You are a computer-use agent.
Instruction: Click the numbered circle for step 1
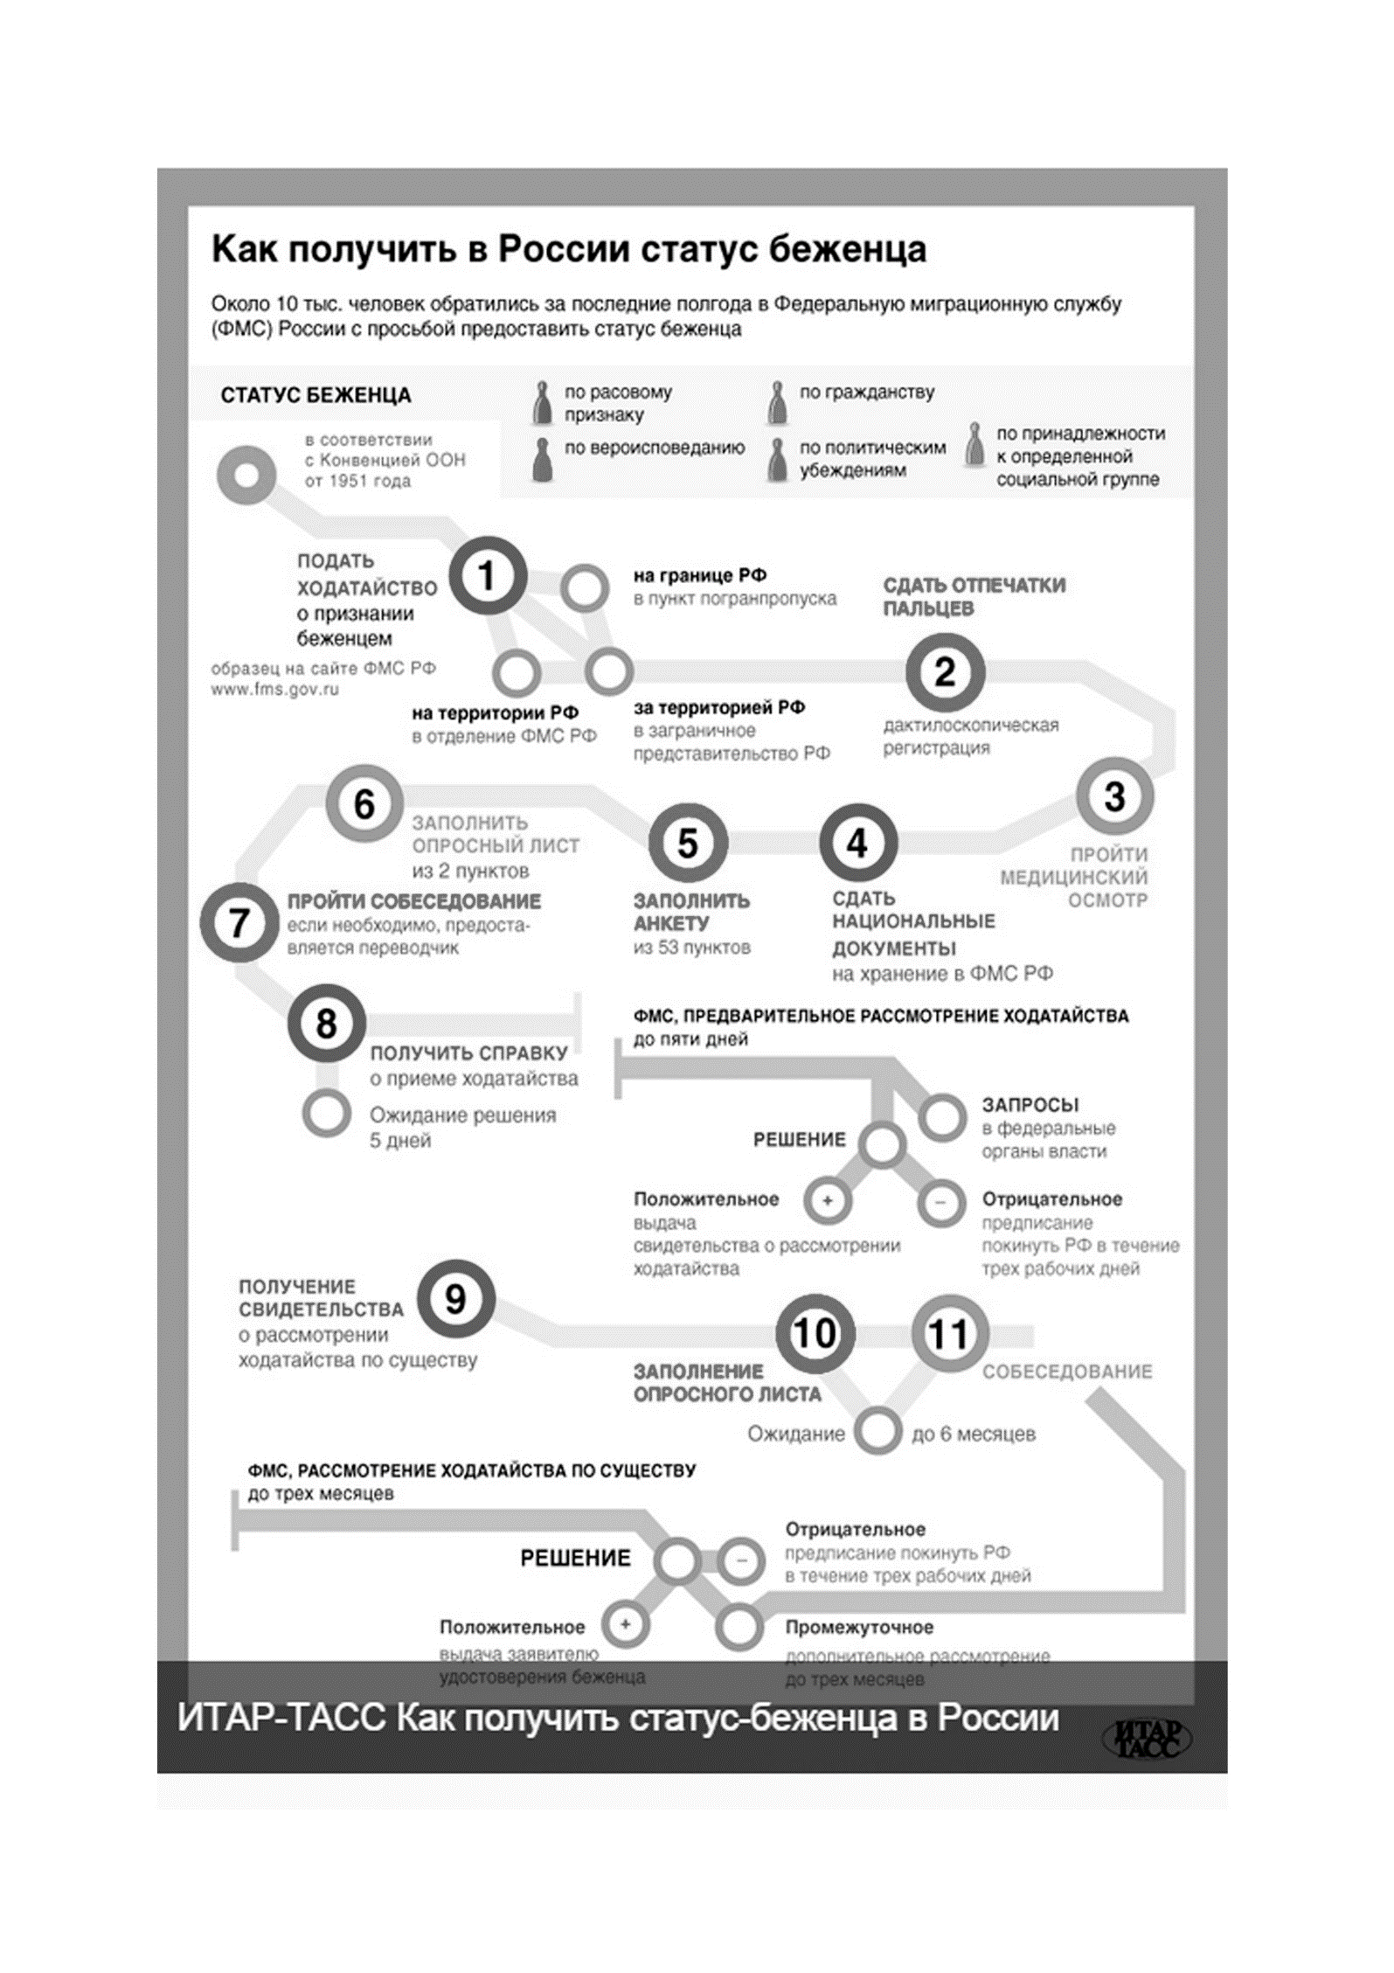coord(488,576)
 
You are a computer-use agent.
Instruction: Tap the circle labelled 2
coord(945,672)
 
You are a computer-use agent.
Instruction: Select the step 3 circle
coord(1114,796)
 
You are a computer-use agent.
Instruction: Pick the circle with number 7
coord(239,923)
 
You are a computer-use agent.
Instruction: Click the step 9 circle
coord(455,1300)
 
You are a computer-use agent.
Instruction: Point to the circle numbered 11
coord(950,1334)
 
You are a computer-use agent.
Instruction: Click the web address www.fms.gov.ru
coord(274,690)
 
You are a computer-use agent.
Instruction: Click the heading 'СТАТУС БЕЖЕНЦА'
coord(316,395)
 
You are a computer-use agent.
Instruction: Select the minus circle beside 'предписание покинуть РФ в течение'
coord(941,1203)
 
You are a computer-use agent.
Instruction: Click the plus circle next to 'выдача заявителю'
coord(626,1624)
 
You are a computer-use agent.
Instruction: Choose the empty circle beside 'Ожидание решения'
coord(326,1114)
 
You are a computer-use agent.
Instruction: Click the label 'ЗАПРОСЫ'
coord(1030,1105)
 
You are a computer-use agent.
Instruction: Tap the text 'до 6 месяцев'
coord(973,1435)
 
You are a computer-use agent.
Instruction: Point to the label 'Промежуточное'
coord(859,1628)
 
